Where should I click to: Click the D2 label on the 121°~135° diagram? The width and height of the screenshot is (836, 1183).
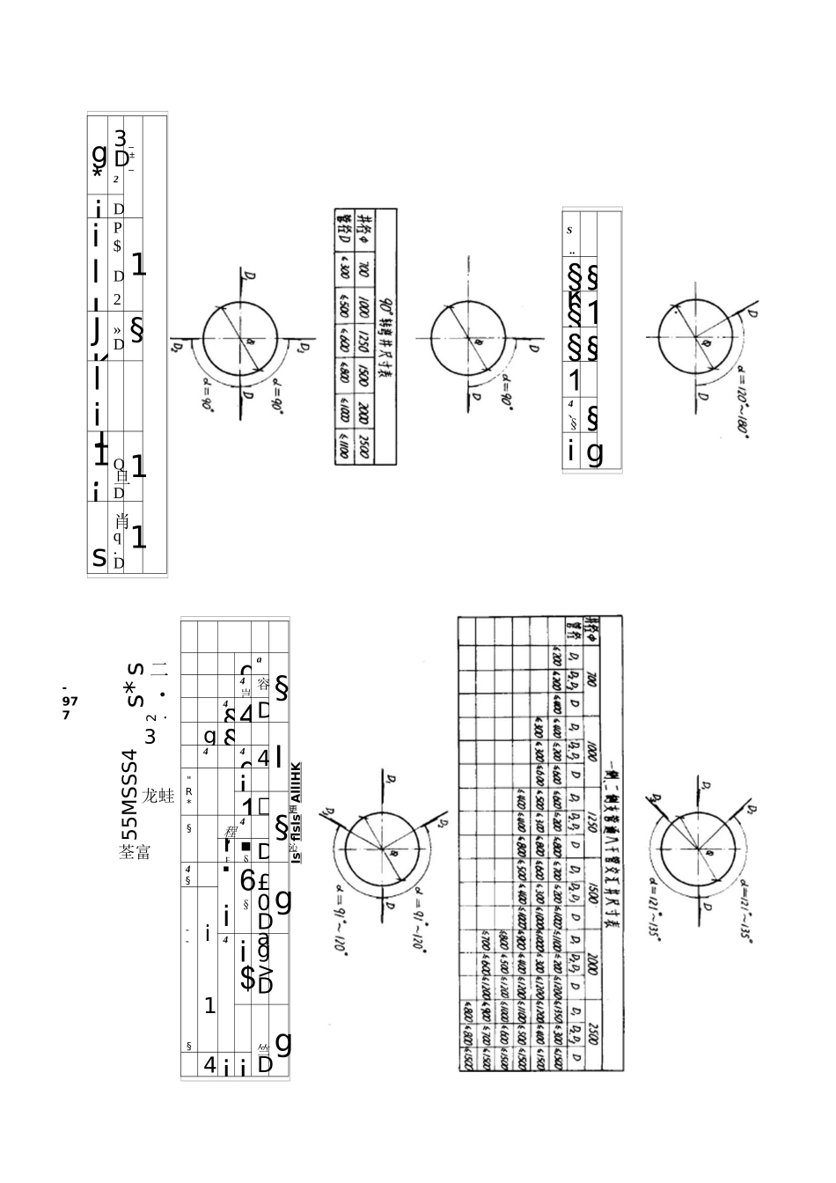click(656, 798)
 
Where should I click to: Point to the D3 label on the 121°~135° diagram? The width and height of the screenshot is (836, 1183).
click(749, 808)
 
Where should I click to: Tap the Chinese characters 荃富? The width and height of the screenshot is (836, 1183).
click(135, 852)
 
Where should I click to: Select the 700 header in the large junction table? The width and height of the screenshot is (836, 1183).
click(593, 680)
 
